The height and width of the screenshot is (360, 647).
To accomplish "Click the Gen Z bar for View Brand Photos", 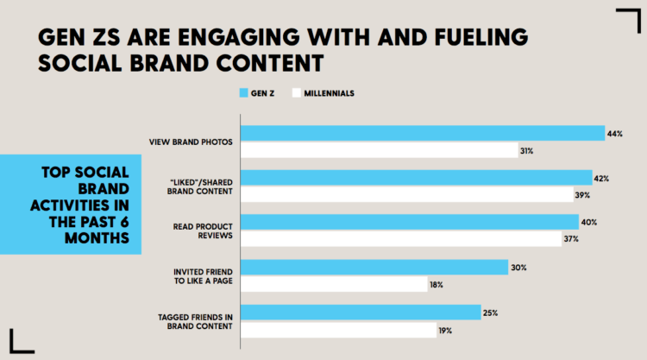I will point(422,133).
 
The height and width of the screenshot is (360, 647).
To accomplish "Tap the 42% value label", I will point(602,179).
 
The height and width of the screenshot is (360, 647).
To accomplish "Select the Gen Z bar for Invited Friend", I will point(373,268).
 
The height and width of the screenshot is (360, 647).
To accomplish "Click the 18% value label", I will point(437,284).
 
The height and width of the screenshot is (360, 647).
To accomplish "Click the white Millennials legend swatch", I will point(297,92).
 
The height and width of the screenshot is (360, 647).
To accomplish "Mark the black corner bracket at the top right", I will point(627,19).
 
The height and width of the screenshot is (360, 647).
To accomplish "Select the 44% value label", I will point(614,134).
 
